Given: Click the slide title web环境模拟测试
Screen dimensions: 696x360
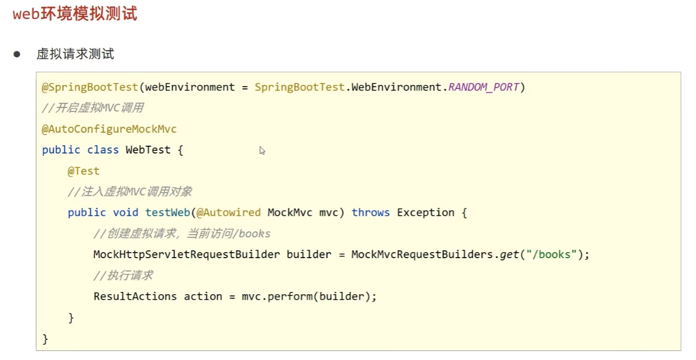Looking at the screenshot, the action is pyautogui.click(x=75, y=13).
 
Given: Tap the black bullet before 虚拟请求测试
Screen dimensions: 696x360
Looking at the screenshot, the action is pyautogui.click(x=17, y=54).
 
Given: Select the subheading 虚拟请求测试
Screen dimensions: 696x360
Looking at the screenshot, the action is pyautogui.click(x=75, y=54).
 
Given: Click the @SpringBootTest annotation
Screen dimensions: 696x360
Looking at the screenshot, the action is pyautogui.click(x=90, y=87).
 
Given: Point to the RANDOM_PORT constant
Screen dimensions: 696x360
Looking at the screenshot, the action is pyautogui.click(x=483, y=87).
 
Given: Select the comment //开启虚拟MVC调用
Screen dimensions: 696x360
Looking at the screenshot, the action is pyautogui.click(x=93, y=108).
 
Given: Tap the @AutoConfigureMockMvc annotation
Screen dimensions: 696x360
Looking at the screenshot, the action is pyautogui.click(x=109, y=129).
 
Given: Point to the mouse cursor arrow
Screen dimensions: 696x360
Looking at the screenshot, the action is pyautogui.click(x=262, y=150).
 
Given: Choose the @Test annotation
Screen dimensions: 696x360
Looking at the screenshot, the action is pyautogui.click(x=83, y=171).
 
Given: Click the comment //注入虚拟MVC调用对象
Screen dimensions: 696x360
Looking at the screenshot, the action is pyautogui.click(x=130, y=192).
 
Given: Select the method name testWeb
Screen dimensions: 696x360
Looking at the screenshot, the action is pyautogui.click(x=168, y=213).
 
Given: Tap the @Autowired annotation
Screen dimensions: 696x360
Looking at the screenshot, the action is pyautogui.click(x=228, y=213).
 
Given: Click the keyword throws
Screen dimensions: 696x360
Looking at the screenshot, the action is pyautogui.click(x=370, y=213).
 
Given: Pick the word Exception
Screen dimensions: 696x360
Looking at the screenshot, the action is pyautogui.click(x=426, y=213).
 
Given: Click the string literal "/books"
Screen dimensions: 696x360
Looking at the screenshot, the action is pyautogui.click(x=551, y=254).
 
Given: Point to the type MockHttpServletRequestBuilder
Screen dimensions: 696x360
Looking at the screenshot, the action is pyautogui.click(x=186, y=254).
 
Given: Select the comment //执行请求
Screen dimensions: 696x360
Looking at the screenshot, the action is pyautogui.click(x=123, y=275).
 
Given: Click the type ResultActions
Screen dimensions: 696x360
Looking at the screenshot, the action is pyautogui.click(x=135, y=296).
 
